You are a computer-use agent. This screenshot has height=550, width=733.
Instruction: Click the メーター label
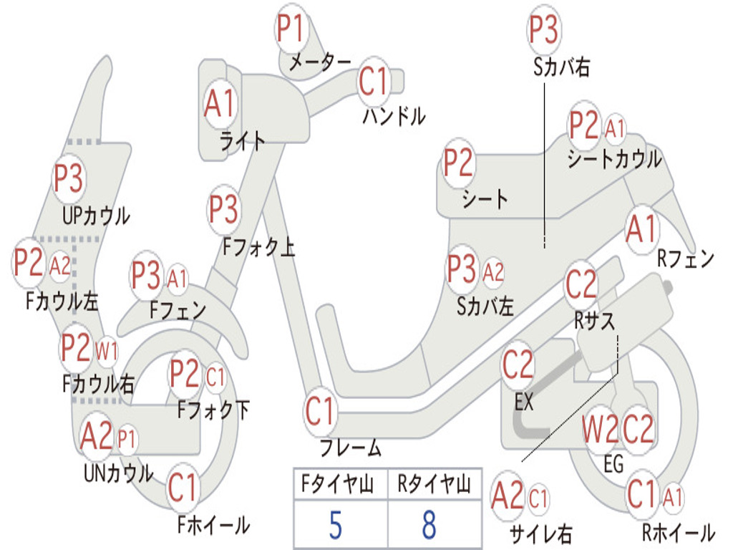click(320, 62)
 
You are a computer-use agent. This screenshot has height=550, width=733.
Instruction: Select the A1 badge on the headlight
click(219, 104)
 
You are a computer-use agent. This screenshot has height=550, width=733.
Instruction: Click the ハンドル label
click(394, 116)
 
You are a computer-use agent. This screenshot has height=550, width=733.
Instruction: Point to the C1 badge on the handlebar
click(374, 81)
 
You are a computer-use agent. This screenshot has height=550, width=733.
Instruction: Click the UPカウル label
click(96, 216)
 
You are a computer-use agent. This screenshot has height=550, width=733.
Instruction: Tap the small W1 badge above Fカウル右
click(107, 350)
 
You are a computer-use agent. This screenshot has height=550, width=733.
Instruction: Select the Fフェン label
click(178, 310)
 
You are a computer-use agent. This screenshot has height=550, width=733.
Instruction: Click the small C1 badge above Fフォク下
click(215, 377)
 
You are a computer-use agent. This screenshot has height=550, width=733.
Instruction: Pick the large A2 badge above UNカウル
click(97, 436)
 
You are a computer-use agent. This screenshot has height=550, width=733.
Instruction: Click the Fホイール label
click(213, 525)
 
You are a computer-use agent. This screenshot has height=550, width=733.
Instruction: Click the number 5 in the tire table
click(336, 525)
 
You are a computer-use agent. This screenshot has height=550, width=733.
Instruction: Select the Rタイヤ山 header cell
click(435, 484)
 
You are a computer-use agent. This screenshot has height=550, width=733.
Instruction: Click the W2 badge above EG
click(600, 429)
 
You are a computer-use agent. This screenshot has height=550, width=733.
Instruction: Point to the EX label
click(523, 401)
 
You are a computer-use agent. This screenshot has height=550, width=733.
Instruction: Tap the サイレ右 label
click(540, 533)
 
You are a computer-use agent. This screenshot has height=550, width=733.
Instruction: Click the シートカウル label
click(614, 159)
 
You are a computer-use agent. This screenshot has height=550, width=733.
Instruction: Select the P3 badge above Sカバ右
click(544, 29)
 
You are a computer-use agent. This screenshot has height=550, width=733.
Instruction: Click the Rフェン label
click(686, 258)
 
